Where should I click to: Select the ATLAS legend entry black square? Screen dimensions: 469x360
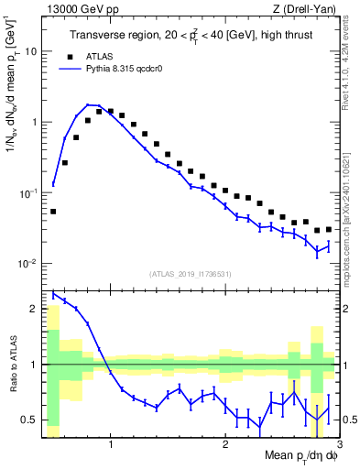(x=80, y=56)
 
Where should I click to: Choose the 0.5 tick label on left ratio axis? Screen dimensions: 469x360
(x=30, y=420)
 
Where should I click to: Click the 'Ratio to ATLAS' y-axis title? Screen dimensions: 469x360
(x=11, y=385)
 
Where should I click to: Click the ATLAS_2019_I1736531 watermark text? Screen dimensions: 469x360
(x=189, y=273)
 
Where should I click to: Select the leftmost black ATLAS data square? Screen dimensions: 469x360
(x=53, y=211)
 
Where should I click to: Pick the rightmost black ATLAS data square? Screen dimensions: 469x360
(x=328, y=229)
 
